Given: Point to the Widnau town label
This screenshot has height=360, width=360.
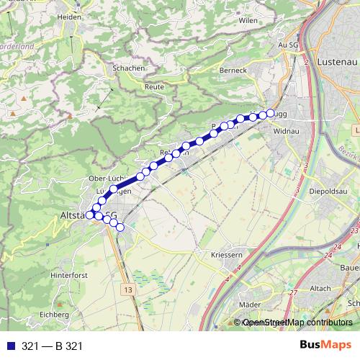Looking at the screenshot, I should pyautogui.click(x=287, y=132).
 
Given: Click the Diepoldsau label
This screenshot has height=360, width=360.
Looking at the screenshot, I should pyautogui.click(x=328, y=192).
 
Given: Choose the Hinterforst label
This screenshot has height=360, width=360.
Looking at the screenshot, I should pyautogui.click(x=69, y=276).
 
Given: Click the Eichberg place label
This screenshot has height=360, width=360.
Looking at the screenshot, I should pyautogui.click(x=54, y=315).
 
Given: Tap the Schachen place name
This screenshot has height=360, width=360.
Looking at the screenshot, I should pyautogui.click(x=128, y=68).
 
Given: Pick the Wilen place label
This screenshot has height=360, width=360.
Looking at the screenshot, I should pyautogui.click(x=248, y=21).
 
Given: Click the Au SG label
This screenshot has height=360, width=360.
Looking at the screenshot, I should pyautogui.click(x=288, y=45).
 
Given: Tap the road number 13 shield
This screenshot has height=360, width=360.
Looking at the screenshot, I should pyautogui.click(x=128, y=289).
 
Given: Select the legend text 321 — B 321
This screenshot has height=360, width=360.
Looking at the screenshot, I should pyautogui.click(x=53, y=346).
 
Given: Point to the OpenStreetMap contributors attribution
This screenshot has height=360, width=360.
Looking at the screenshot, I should pyautogui.click(x=297, y=323).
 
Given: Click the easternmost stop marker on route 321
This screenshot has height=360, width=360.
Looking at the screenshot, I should pyautogui.click(x=271, y=113).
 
